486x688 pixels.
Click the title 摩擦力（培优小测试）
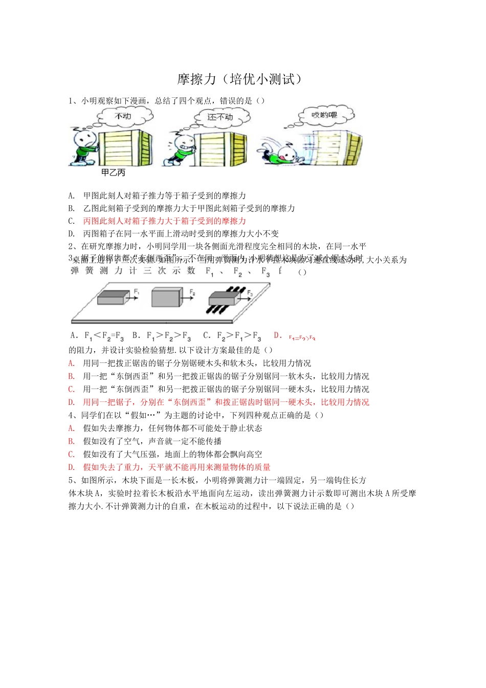click(x=240, y=79)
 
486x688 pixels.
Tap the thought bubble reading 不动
click(x=124, y=117)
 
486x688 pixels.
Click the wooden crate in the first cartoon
click(x=124, y=148)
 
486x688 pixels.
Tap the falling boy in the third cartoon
click(x=279, y=152)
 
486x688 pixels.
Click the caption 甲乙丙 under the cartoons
click(x=113, y=173)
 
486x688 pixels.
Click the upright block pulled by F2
click(x=167, y=297)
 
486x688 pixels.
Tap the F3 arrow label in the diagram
click(x=250, y=293)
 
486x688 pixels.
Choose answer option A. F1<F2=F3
click(x=97, y=336)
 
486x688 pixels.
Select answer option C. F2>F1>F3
click(x=232, y=336)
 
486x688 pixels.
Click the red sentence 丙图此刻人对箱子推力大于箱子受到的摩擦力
click(x=164, y=221)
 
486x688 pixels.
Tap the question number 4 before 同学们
click(x=71, y=415)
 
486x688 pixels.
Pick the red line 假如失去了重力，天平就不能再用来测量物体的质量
click(x=176, y=467)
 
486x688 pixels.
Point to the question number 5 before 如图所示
click(x=71, y=480)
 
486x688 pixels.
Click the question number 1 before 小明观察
click(x=71, y=101)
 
